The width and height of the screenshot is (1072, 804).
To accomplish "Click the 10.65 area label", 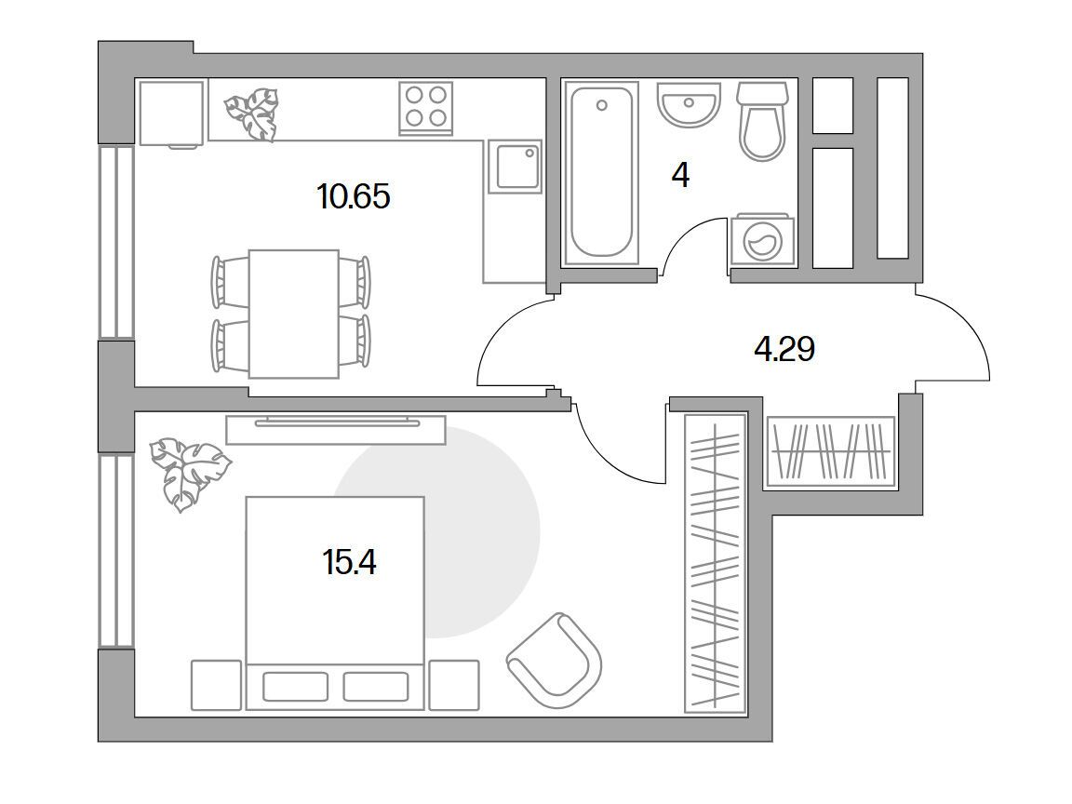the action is (x=354, y=197).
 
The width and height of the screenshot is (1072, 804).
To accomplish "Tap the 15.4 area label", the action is (x=349, y=563).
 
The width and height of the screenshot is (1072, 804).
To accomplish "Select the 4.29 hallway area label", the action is (x=784, y=349).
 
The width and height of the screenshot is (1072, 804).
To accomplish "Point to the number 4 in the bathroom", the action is (x=680, y=176).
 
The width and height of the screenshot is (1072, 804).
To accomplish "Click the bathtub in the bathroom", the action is (x=601, y=172).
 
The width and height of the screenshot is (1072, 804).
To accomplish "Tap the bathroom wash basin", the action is (x=689, y=104).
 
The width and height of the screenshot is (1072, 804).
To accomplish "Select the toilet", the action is (x=762, y=122).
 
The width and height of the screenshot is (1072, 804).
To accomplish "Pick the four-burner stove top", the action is (x=426, y=108).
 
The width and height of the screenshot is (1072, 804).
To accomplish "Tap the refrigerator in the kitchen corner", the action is (x=171, y=114).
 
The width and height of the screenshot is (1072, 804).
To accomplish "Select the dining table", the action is (x=293, y=314).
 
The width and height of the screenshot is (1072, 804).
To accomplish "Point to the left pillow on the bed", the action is (x=295, y=687).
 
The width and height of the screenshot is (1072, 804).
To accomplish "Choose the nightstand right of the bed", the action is (x=454, y=685).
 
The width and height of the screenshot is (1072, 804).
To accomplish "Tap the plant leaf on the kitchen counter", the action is (x=251, y=114).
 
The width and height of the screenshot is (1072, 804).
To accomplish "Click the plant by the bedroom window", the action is (x=190, y=473).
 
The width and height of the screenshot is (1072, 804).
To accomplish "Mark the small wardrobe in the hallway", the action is (x=831, y=451).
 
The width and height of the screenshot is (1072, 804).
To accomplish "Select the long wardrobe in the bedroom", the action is (x=715, y=563).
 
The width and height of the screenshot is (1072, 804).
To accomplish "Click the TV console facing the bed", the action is (x=336, y=429).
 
